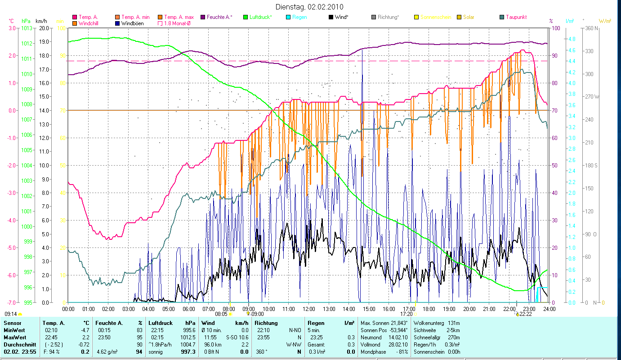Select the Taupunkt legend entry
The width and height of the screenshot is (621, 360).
(x=516, y=17)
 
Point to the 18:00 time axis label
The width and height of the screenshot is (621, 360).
(x=429, y=309)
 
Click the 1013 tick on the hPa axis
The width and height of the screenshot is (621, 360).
(x=27, y=28)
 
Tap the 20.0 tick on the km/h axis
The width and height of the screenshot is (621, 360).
(x=44, y=28)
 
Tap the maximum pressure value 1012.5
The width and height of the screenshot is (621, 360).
(x=187, y=337)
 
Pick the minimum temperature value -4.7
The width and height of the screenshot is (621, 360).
(x=84, y=330)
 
